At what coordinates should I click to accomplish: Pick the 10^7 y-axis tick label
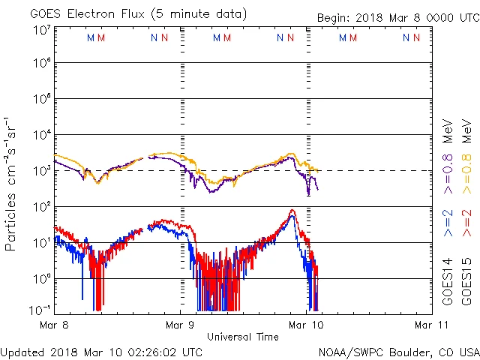coord(40,30)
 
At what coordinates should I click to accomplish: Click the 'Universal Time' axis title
coord(243,337)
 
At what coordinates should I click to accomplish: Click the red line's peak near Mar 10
coord(292,211)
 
